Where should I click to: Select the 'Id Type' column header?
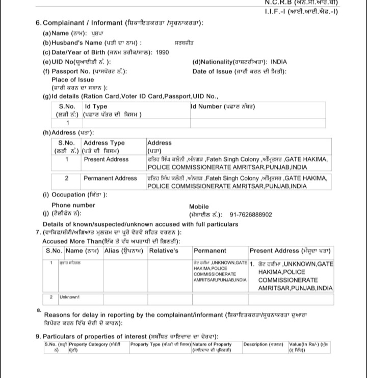click(96, 106)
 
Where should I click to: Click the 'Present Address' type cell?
click(106, 159)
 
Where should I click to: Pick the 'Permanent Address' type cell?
click(110, 178)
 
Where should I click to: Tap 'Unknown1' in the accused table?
click(69, 297)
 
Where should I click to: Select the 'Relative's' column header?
click(163, 251)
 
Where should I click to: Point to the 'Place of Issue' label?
click(72, 80)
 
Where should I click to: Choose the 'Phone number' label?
click(73, 205)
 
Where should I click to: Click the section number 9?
click(38, 336)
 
